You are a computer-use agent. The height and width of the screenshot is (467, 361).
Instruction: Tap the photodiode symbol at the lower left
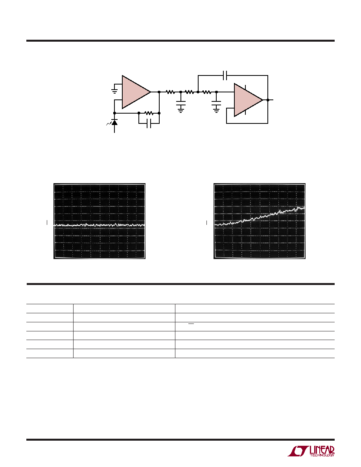[114, 122]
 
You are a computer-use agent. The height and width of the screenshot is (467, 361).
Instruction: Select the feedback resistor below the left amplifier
[149, 113]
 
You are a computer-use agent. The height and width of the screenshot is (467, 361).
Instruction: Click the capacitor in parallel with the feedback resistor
[149, 123]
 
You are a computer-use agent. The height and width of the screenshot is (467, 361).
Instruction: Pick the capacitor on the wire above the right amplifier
[225, 75]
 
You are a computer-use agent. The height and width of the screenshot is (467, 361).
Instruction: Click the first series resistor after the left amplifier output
[170, 92]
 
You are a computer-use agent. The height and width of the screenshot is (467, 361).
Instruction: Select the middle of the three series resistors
[190, 92]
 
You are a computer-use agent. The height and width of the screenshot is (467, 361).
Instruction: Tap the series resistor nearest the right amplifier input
[207, 92]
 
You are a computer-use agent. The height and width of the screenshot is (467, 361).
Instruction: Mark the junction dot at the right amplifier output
[268, 100]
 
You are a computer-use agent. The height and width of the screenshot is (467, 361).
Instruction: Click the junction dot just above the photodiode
[114, 113]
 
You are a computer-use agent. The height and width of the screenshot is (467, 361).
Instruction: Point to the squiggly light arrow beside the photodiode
[109, 123]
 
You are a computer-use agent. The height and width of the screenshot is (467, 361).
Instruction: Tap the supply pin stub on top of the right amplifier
[245, 87]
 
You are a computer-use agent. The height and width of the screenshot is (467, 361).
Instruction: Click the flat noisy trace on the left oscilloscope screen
[99, 225]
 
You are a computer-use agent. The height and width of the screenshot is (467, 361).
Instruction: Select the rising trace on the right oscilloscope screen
[260, 216]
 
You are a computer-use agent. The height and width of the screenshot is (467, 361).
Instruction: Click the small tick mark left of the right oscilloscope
[207, 223]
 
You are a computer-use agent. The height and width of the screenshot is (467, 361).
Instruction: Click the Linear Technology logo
[311, 451]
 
